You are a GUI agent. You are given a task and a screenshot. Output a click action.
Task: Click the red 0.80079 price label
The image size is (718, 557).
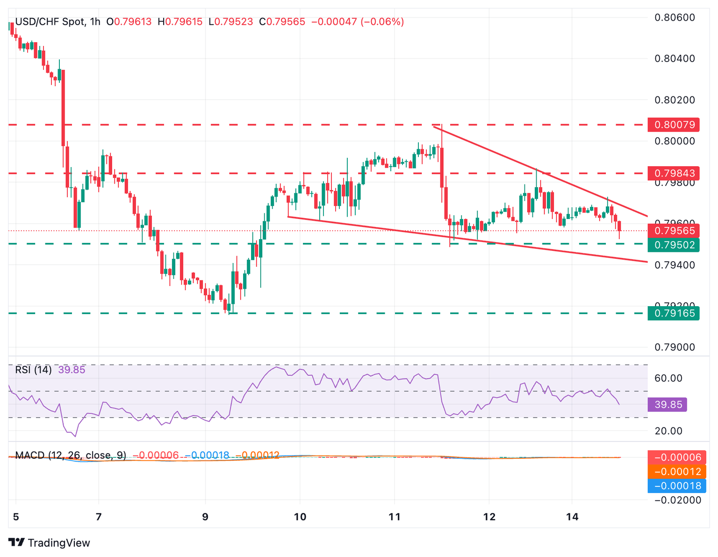[674, 125]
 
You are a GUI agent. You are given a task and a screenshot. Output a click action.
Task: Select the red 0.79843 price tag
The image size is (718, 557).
[674, 173]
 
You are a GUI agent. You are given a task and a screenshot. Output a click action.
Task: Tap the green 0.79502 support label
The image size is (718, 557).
[674, 245]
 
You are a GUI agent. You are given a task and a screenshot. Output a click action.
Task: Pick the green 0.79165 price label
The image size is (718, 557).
[674, 313]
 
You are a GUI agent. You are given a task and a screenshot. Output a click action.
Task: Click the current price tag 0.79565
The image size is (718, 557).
[674, 230]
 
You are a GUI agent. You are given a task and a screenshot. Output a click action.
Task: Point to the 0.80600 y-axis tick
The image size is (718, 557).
[675, 18]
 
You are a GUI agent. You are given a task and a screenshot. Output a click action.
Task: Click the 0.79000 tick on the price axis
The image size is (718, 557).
[675, 347]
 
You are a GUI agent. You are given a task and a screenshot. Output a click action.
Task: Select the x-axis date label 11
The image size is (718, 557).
[395, 517]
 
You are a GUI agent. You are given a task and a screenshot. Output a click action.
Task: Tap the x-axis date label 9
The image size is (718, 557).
[205, 517]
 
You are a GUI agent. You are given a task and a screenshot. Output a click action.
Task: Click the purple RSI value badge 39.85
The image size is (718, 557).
[667, 404]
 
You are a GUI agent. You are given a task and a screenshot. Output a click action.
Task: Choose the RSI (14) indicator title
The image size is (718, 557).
[33, 370]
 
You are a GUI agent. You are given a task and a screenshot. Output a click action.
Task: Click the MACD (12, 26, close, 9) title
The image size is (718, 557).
[71, 455]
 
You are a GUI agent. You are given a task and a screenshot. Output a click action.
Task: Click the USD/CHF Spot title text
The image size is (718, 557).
[50, 22]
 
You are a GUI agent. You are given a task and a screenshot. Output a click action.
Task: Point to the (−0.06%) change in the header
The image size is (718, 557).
[382, 22]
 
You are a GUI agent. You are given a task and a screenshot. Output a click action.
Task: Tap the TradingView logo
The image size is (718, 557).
[50, 543]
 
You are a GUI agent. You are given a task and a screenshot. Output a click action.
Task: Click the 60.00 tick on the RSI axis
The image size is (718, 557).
[668, 378]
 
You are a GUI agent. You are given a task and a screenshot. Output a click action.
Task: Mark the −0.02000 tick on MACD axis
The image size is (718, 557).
[676, 500]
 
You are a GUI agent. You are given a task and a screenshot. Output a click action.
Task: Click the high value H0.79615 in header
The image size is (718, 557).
[180, 22]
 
